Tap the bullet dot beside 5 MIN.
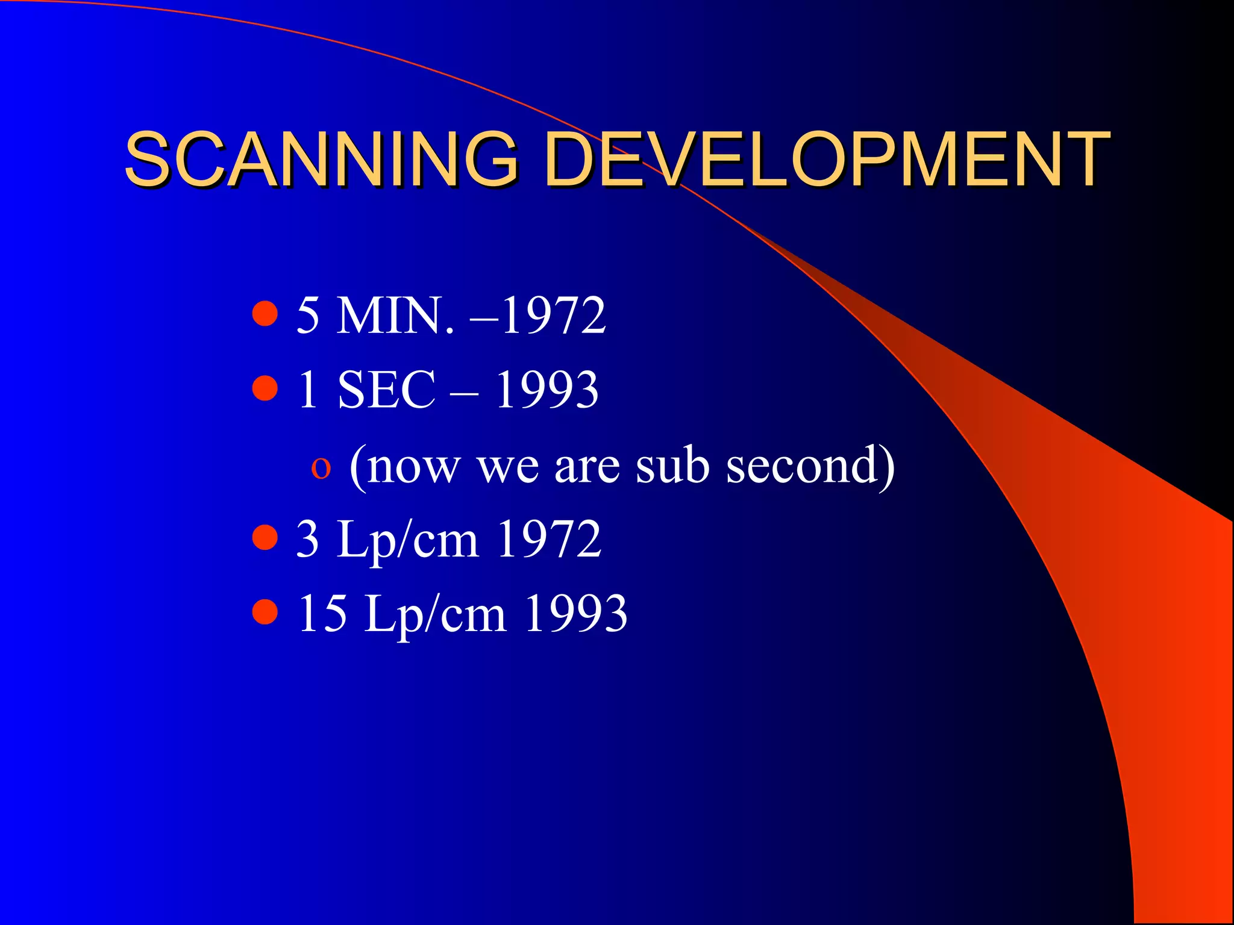pyautogui.click(x=265, y=313)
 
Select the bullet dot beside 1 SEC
pyautogui.click(x=265, y=388)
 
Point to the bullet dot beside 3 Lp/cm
pyautogui.click(x=265, y=537)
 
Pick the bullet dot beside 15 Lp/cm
pyautogui.click(x=265, y=612)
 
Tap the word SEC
pyautogui.click(x=386, y=390)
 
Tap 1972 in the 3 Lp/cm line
pyautogui.click(x=549, y=540)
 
